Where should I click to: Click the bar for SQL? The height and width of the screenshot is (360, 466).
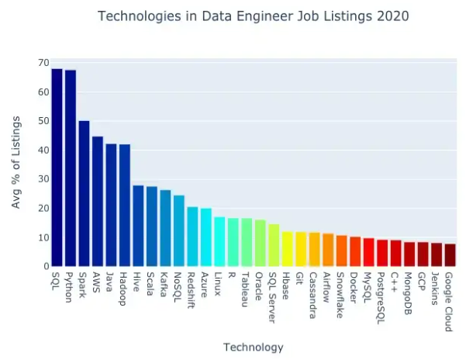[x=57, y=168]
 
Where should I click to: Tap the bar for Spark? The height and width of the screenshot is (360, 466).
[x=84, y=194]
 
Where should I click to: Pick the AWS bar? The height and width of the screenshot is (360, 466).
[x=98, y=202]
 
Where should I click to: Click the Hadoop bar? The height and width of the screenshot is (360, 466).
[x=125, y=206]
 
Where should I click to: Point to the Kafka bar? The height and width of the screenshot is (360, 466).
[x=165, y=228]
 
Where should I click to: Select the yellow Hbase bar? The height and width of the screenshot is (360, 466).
[x=287, y=249]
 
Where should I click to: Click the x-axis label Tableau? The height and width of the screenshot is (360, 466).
[x=247, y=289]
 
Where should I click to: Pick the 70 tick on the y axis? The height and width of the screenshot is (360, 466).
[x=44, y=63]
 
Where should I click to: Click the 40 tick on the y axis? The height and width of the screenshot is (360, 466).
[x=44, y=150]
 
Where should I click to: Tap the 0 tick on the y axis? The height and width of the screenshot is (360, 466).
[x=47, y=266]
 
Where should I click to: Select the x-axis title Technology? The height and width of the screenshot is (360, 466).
[x=253, y=347]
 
